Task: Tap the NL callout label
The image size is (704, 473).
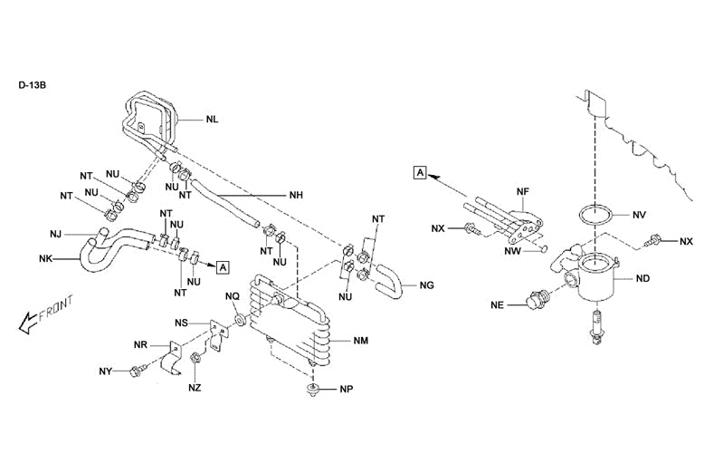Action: click(x=211, y=119)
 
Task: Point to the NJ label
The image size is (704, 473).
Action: click(x=56, y=235)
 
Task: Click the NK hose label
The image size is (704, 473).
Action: click(x=45, y=259)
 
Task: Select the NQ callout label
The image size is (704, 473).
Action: click(x=233, y=296)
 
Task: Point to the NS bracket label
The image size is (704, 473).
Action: click(x=182, y=323)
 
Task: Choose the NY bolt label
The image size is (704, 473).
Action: click(x=106, y=372)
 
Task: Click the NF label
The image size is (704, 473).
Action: click(x=522, y=192)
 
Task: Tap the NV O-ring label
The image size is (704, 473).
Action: click(x=639, y=215)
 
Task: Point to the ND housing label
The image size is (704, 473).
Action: click(x=643, y=278)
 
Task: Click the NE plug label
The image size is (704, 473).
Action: click(x=497, y=305)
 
